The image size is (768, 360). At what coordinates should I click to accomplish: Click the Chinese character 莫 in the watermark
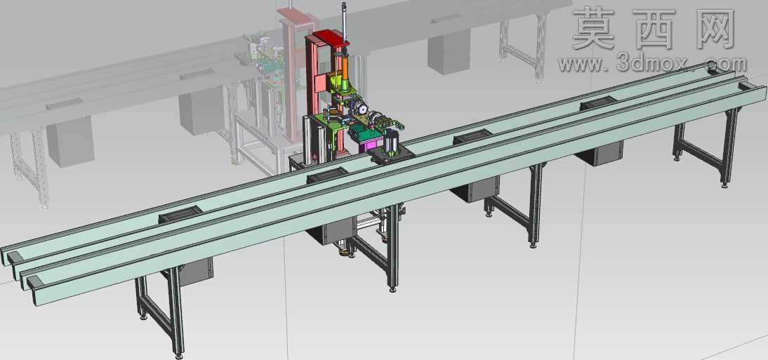594,29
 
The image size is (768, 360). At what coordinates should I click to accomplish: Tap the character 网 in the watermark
713,29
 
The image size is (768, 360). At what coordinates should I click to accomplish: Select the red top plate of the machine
331,38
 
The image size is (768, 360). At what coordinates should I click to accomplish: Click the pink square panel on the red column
321,82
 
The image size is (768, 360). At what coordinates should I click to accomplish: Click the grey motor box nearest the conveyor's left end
195,272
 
